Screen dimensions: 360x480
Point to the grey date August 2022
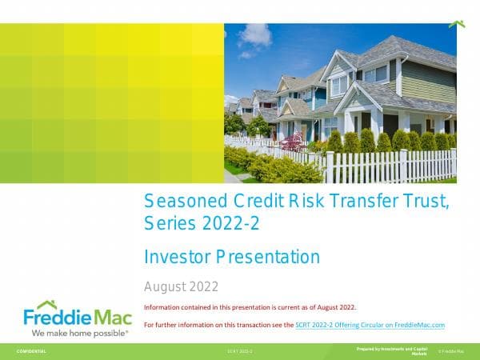[x=181, y=286]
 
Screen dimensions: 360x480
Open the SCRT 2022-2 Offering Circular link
[x=370, y=325]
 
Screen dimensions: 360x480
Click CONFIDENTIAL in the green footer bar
[x=31, y=351]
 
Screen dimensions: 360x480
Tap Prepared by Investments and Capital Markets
[x=391, y=350]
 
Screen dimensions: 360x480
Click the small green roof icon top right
[x=457, y=24]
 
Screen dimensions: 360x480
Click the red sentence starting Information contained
[x=250, y=307]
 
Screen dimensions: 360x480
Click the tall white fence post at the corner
[x=330, y=166]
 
